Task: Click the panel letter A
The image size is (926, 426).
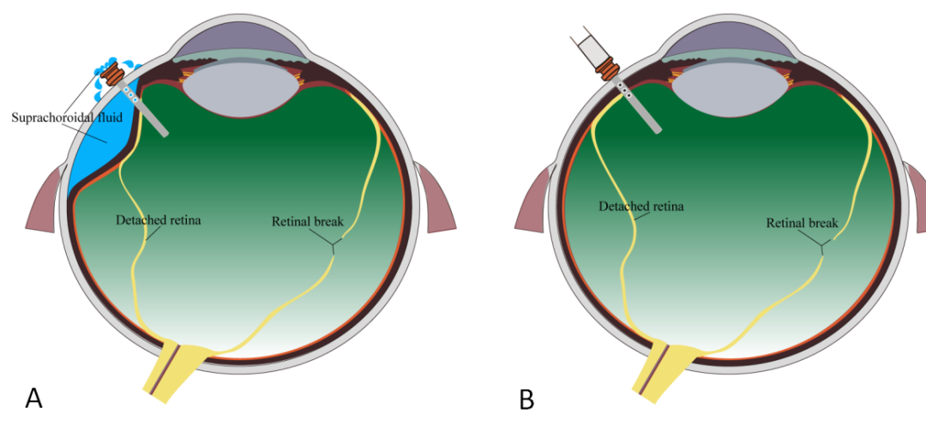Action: [x=33, y=398]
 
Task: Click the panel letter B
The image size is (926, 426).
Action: [x=526, y=399]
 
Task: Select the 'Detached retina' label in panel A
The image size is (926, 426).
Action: [x=158, y=219]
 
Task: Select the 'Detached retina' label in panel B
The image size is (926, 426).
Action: [x=641, y=206]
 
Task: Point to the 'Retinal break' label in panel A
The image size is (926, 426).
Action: [x=308, y=221]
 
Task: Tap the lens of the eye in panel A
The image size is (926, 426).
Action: [x=239, y=91]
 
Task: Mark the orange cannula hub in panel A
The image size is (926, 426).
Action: [x=112, y=75]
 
